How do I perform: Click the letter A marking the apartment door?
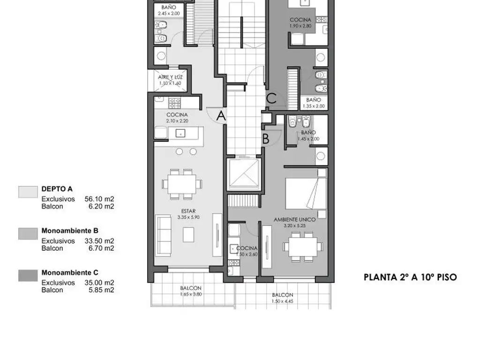pos(221,116)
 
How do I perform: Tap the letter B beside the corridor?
pos(265,139)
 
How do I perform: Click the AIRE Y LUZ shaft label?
pos(169,80)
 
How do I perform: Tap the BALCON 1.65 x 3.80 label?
pos(191,291)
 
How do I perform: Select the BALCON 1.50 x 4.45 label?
pos(283,298)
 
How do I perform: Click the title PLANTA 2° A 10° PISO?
pos(410,277)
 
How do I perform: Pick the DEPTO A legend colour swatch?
pos(28,192)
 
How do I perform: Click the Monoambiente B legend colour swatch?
pos(28,233)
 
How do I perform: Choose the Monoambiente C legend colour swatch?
pos(28,275)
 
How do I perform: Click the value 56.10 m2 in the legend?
pos(99,199)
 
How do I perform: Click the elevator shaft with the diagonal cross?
pos(242,175)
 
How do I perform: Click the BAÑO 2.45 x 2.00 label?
pos(169,11)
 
